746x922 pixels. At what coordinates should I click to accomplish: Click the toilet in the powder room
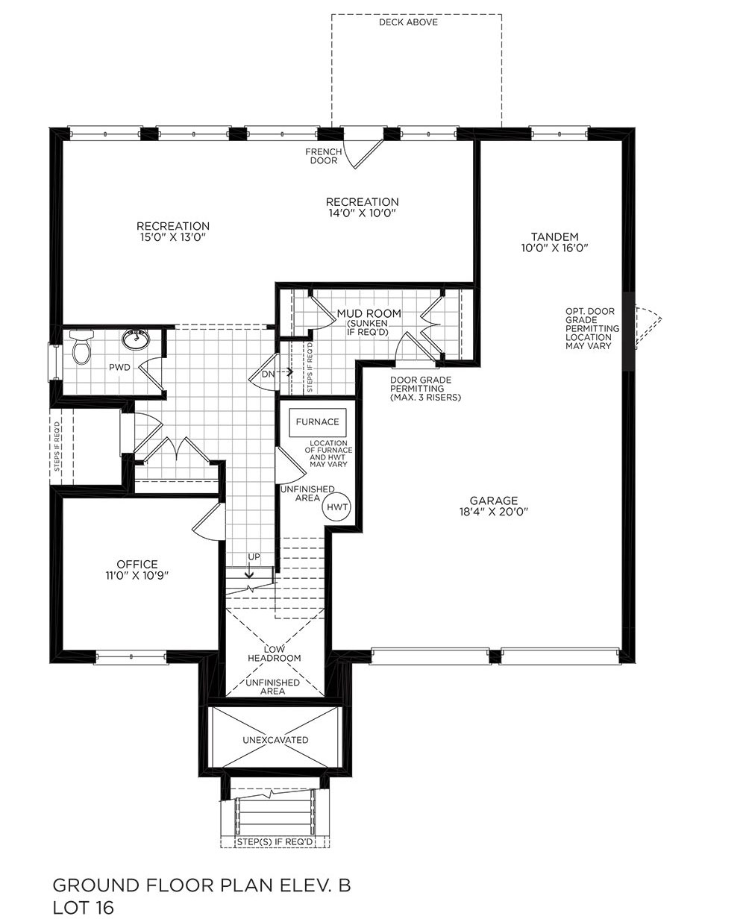pyautogui.click(x=81, y=346)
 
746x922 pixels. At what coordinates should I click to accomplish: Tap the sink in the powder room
pyautogui.click(x=136, y=339)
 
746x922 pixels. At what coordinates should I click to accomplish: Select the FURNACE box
pyautogui.click(x=317, y=421)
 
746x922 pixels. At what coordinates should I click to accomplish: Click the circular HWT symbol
pyautogui.click(x=336, y=507)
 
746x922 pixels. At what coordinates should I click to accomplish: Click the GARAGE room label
pyautogui.click(x=494, y=501)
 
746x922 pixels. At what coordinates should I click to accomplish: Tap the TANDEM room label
pyautogui.click(x=554, y=236)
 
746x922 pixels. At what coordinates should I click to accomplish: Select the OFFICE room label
pyautogui.click(x=137, y=564)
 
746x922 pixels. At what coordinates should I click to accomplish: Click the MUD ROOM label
pyautogui.click(x=369, y=313)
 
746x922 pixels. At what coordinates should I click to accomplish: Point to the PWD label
pyautogui.click(x=119, y=368)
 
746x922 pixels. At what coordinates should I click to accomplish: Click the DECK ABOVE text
pyautogui.click(x=408, y=22)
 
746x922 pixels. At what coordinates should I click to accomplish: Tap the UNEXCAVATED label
pyautogui.click(x=275, y=740)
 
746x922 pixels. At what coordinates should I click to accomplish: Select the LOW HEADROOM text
pyautogui.click(x=274, y=653)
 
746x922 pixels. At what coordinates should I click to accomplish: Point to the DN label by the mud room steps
pyautogui.click(x=268, y=374)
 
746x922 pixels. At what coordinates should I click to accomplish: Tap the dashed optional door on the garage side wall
pyautogui.click(x=648, y=327)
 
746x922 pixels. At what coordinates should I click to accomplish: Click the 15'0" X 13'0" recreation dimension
pyautogui.click(x=172, y=237)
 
